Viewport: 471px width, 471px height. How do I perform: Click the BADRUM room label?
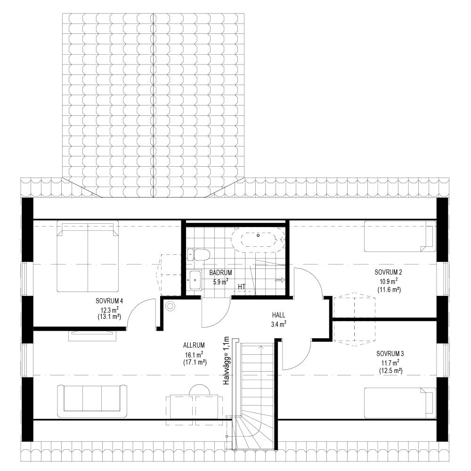[220, 273]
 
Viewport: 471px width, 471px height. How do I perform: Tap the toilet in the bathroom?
[198, 255]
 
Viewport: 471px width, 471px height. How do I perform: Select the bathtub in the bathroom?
[258, 240]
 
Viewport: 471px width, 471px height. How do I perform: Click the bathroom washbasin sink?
[195, 280]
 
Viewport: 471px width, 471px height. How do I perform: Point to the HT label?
[242, 287]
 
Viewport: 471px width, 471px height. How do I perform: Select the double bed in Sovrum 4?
[88, 256]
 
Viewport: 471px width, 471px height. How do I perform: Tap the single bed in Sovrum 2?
[400, 236]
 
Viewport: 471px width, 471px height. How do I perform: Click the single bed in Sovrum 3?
[400, 403]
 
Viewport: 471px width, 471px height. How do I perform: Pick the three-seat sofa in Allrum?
[92, 401]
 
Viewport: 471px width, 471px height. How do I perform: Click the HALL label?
[278, 315]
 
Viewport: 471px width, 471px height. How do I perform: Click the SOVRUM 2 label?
[388, 272]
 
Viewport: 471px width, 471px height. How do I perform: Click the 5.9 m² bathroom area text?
[220, 282]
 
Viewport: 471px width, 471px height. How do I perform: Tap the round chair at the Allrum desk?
[199, 390]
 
